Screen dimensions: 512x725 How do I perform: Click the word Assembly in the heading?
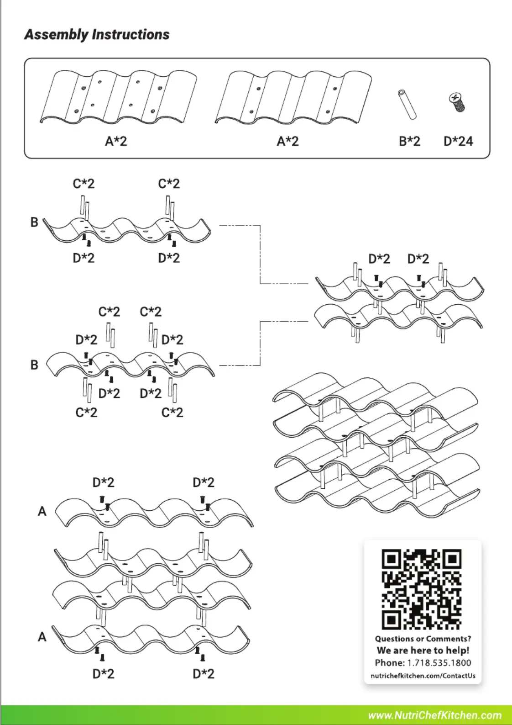pos(57,35)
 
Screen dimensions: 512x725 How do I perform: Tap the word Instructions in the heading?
pos(131,34)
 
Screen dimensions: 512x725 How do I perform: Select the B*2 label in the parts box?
pos(409,141)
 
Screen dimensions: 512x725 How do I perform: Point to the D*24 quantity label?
pos(458,141)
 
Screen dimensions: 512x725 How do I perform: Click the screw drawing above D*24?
pos(457,102)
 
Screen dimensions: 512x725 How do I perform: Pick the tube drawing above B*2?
pos(407,105)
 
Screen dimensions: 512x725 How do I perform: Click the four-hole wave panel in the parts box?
pos(293,97)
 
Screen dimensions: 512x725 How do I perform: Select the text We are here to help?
pos(423,650)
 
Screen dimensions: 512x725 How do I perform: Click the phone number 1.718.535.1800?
pos(439,663)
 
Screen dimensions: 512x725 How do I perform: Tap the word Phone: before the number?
pos(390,663)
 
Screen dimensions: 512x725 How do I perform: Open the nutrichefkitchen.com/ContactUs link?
pos(423,676)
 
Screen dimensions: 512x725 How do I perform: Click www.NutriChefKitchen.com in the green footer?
pos(435,715)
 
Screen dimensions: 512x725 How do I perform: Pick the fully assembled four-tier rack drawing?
pos(376,444)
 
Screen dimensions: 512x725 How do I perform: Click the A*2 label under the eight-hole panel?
pos(116,141)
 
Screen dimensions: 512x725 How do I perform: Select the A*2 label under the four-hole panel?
pos(287,141)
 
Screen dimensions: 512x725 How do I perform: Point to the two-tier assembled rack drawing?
pos(399,302)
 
